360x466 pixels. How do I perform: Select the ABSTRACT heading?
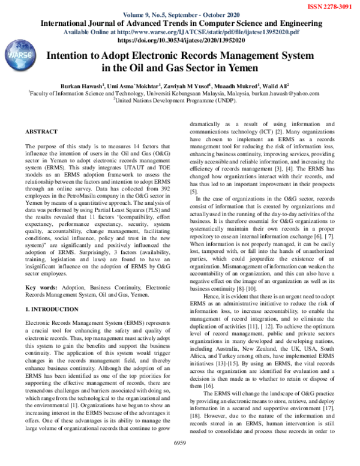[x=42, y=131]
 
